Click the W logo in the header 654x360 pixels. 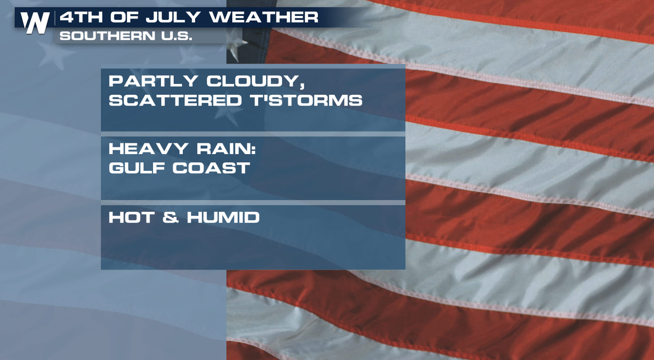click(x=35, y=23)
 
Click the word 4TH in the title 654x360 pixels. click(x=81, y=17)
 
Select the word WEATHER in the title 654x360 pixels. click(x=264, y=17)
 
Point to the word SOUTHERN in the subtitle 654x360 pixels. click(x=108, y=36)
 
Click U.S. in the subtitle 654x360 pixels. click(x=176, y=36)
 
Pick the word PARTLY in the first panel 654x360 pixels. click(x=153, y=81)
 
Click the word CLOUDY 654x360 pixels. click(x=253, y=81)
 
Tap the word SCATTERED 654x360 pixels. click(x=175, y=100)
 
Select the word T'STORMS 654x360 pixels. click(x=306, y=100)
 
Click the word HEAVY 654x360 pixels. click(x=148, y=149)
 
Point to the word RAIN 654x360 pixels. click(x=223, y=149)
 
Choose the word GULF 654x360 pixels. click(x=136, y=168)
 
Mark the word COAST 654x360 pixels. click(x=211, y=168)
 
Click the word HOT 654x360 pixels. click(x=131, y=217)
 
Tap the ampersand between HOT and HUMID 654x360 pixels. click(x=170, y=217)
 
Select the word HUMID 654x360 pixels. click(x=223, y=217)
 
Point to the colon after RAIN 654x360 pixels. click(x=253, y=149)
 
